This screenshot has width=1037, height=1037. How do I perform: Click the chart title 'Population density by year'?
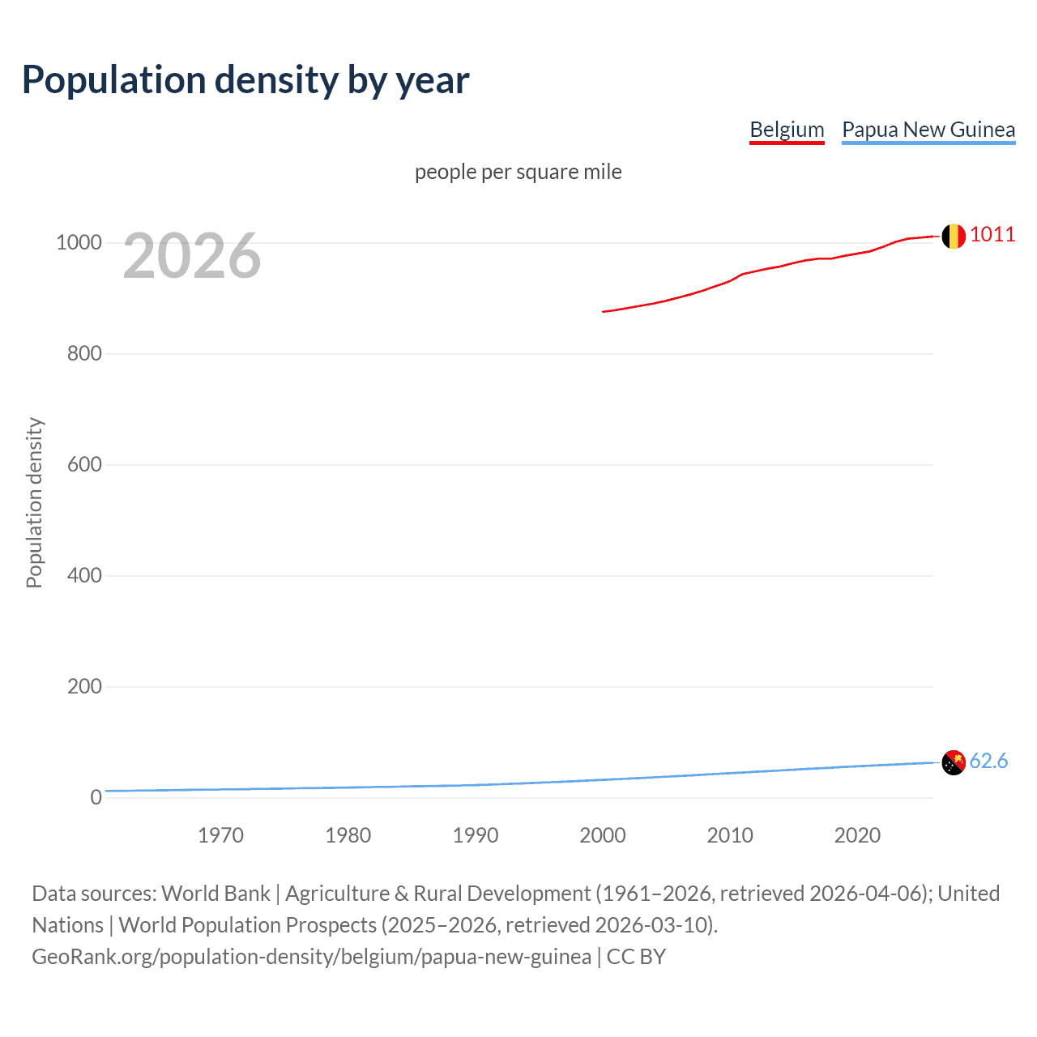245,80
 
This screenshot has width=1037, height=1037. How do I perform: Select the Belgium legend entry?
787,130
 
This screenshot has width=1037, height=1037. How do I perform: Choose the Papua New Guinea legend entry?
928,130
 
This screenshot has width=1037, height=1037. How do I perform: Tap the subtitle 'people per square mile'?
518,172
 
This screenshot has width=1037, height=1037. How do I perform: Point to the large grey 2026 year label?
192,256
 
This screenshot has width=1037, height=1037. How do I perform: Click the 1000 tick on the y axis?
79,243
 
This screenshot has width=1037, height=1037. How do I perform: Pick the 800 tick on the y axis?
84,354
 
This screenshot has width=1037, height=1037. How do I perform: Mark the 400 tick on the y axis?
84,576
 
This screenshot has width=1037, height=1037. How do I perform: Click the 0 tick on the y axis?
96,797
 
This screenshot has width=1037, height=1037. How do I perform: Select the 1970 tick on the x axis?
220,835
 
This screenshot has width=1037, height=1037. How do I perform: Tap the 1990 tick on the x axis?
476,835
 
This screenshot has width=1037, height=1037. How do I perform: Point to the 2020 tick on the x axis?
857,835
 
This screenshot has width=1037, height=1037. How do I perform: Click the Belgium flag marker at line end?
954,237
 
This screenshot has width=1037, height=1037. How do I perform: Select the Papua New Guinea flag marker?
954,762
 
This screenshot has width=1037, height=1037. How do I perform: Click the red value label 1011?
992,235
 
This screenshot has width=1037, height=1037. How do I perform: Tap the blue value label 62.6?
988,762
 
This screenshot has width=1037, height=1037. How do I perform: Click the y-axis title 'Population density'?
34,502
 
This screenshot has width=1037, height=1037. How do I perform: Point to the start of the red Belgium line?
604,311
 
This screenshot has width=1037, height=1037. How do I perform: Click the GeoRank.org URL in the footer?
311,957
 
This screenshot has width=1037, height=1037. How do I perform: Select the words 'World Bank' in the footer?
216,894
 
